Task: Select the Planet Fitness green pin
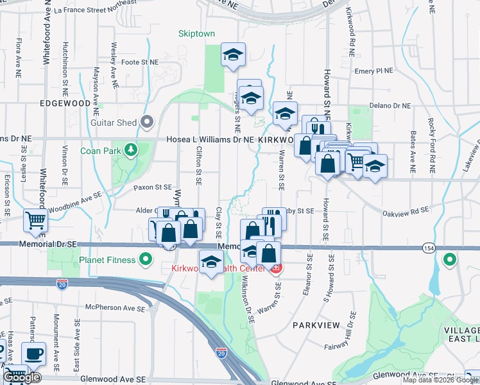coord(146,260)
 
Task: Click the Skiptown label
coord(196,33)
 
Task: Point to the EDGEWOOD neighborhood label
coord(65,103)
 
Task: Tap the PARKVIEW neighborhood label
coord(316,325)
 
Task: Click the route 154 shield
coord(427,247)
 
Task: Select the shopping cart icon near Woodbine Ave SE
coord(35,220)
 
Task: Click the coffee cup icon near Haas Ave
coord(33,352)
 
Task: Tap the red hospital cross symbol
coord(277,268)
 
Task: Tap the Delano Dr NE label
coord(393,106)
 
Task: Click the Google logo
coord(21,378)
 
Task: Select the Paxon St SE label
coord(153,187)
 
